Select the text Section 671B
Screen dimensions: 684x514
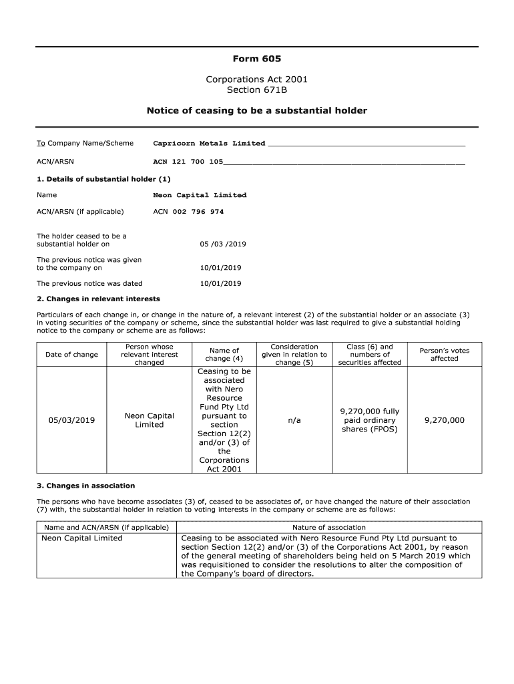256,90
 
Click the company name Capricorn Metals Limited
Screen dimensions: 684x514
209,143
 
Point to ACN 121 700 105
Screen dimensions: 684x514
188,162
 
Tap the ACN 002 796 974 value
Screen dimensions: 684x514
188,212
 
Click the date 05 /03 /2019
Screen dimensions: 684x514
223,244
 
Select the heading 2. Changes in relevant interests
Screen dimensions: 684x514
98,299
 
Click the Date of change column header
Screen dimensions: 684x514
71,355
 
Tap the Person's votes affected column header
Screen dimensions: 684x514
444,355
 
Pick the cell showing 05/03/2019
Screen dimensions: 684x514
71,420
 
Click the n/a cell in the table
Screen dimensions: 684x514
294,420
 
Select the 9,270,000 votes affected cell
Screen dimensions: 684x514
444,420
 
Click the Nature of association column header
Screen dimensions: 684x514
328,527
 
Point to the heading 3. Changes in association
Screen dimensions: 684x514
85,486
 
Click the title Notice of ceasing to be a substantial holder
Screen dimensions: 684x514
256,110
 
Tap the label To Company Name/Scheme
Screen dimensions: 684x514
85,143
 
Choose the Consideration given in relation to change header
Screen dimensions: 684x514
294,355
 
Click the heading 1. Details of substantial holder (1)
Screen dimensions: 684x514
103,179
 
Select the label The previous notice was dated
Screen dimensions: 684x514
89,283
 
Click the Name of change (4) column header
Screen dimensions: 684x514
224,355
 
